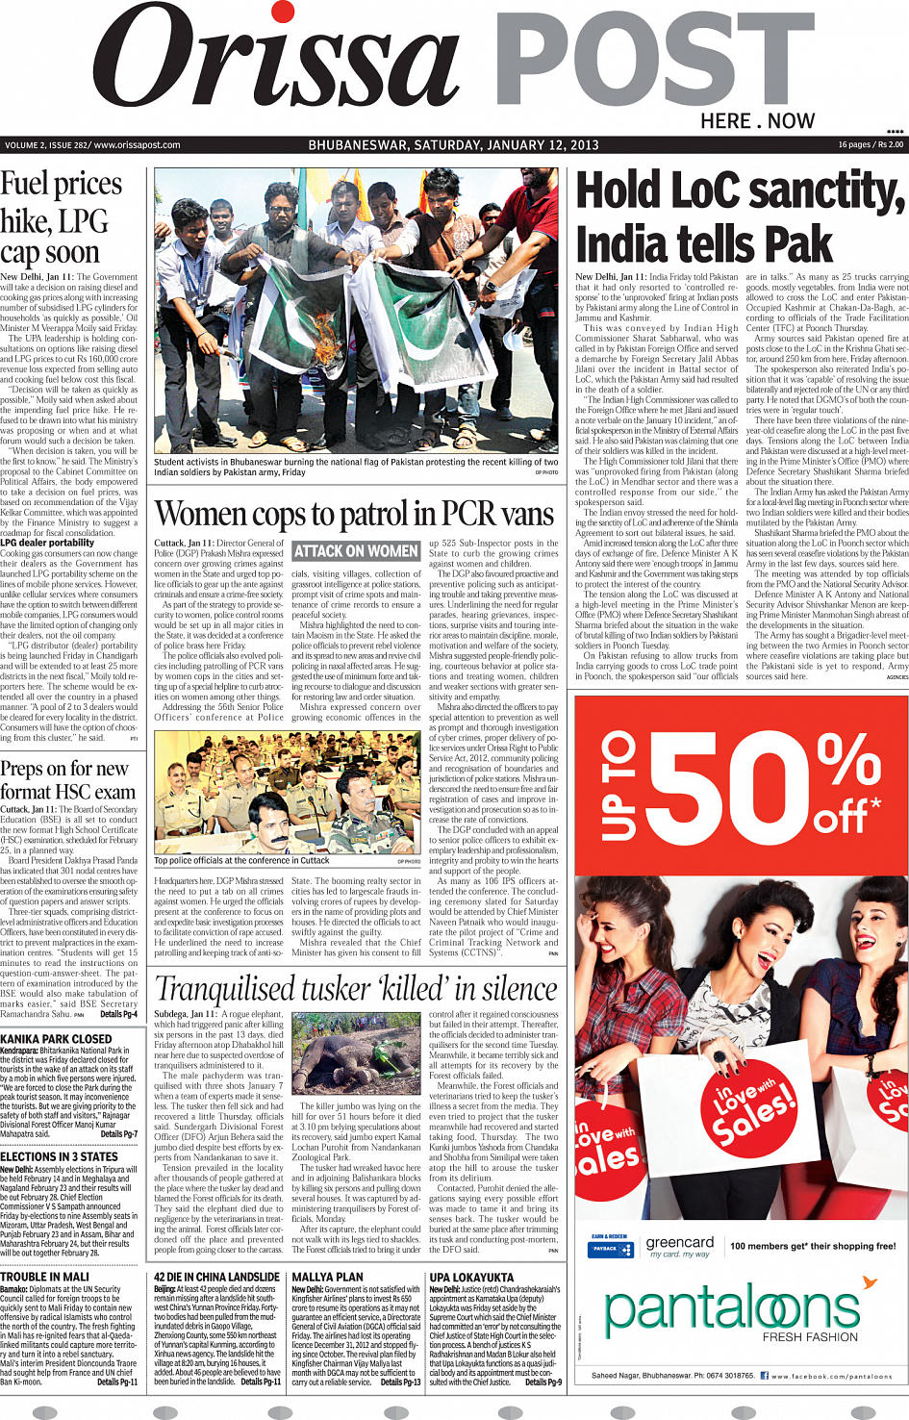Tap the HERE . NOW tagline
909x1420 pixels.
point(757,121)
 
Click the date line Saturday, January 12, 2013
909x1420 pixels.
point(453,145)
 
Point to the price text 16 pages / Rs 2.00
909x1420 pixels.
point(870,145)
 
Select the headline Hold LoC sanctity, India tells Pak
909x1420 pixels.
point(740,217)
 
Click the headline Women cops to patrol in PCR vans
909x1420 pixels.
point(355,515)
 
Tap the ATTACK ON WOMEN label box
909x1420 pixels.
point(356,551)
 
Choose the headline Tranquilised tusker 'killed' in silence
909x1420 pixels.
point(356,989)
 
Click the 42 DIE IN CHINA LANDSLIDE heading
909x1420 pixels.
point(216,1277)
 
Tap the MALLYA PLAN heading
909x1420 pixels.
point(327,1277)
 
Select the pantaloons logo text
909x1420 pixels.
point(731,1308)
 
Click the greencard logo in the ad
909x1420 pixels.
point(679,1242)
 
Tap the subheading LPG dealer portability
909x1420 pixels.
point(47,543)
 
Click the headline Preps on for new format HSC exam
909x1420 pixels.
point(67,780)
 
